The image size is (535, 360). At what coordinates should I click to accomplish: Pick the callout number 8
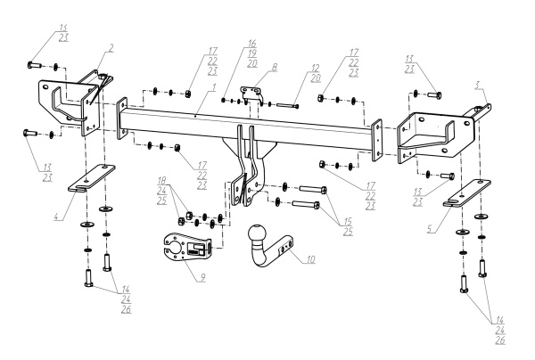(x=275, y=66)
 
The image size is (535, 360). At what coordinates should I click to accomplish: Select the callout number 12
(x=314, y=69)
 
